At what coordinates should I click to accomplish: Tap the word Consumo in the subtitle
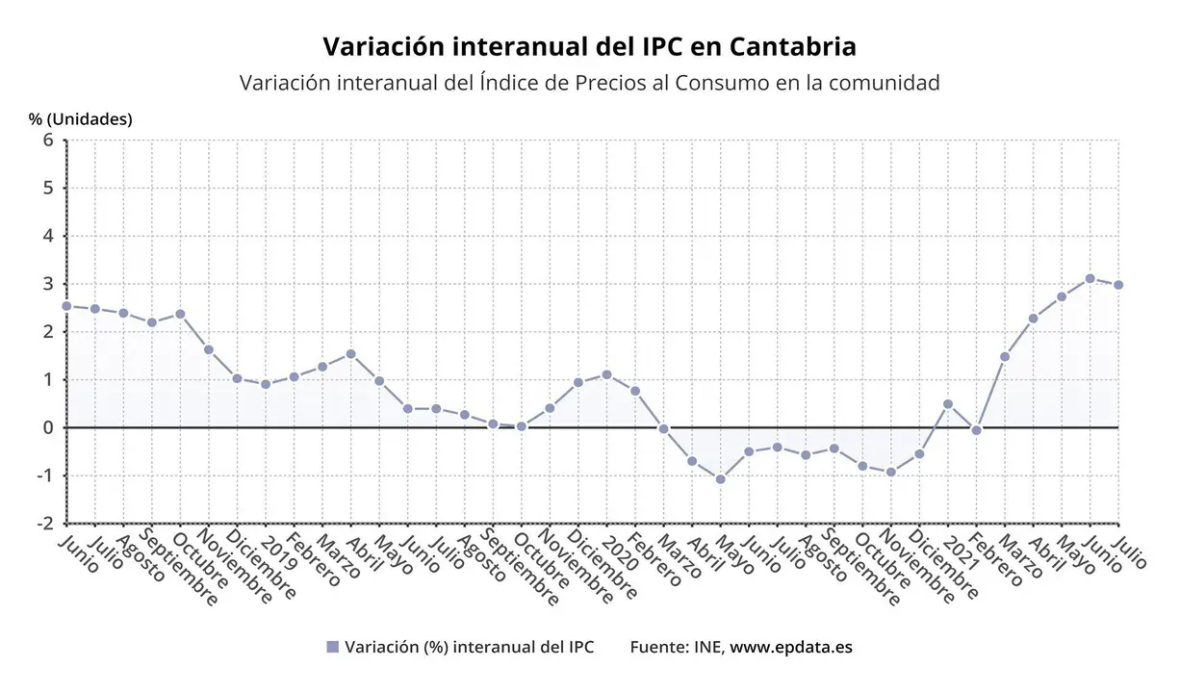(721, 83)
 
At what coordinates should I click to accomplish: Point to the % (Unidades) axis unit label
(81, 119)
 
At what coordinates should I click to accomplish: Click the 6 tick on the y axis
(47, 140)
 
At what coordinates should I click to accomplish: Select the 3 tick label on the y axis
(47, 284)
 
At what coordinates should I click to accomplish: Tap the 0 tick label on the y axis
(47, 427)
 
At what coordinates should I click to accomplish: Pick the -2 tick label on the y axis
(43, 524)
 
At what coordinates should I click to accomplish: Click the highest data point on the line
(1090, 278)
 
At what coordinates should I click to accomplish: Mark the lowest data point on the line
(720, 479)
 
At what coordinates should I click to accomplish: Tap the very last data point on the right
(1118, 285)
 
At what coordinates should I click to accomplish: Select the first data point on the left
(66, 306)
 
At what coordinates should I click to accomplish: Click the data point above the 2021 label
(948, 404)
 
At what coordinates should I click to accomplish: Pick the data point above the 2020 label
(606, 374)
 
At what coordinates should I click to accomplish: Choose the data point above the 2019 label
(266, 384)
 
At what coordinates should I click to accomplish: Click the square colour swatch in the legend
(333, 648)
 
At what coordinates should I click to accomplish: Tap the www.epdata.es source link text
(790, 648)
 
